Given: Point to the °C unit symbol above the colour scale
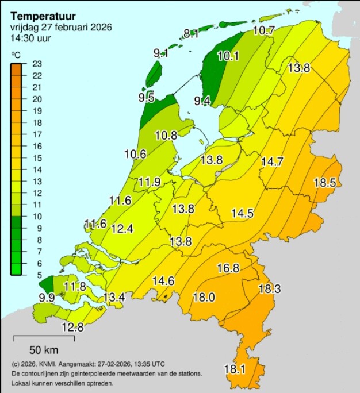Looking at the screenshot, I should click(16, 55).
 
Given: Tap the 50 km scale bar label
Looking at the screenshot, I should click(44, 350).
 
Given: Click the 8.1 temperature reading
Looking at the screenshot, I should click(191, 34).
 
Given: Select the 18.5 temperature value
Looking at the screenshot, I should click(324, 183).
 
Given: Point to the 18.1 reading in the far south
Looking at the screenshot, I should click(234, 369).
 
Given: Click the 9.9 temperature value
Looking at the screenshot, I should click(47, 298).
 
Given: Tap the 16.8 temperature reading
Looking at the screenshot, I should click(228, 268).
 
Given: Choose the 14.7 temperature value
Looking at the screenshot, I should click(272, 162).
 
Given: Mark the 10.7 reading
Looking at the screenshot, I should click(264, 30).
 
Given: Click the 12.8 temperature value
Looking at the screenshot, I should click(72, 327).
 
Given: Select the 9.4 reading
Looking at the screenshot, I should click(202, 102).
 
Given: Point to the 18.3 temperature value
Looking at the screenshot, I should click(269, 288).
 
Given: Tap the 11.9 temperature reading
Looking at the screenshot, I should click(150, 182).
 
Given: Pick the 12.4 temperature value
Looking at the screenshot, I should click(122, 229).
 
